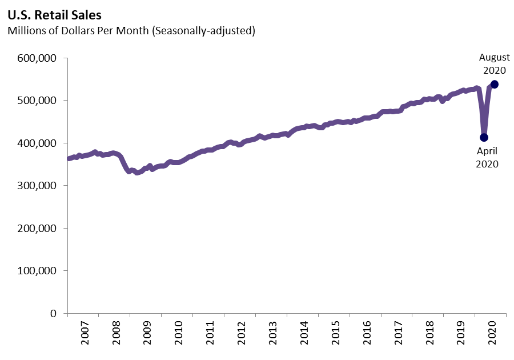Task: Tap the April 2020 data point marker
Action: click(484, 137)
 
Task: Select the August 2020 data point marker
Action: click(495, 84)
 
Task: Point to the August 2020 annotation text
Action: click(494, 64)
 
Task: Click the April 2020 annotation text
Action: click(487, 157)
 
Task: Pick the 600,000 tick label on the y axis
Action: click(35, 58)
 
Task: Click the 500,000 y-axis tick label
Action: click(35, 101)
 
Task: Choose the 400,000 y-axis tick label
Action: click(35, 143)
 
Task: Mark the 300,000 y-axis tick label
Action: click(35, 186)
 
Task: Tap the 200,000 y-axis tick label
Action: click(35, 228)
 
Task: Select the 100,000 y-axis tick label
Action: click(35, 271)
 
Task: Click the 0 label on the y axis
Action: click(52, 313)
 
